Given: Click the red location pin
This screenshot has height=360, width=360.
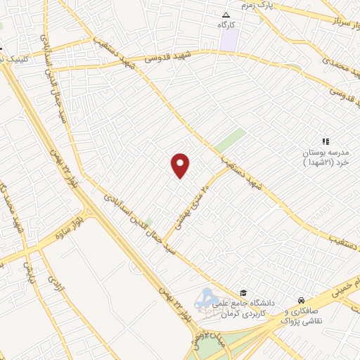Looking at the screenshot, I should pyautogui.click(x=181, y=166).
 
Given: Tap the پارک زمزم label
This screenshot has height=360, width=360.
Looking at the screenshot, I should pyautogui.click(x=256, y=6).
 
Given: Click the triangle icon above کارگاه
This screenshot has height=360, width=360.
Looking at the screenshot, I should pyautogui.click(x=226, y=15).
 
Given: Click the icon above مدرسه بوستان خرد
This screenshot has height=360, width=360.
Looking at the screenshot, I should pyautogui.click(x=326, y=141).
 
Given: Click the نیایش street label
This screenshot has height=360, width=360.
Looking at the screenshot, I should pyautogui.click(x=29, y=270).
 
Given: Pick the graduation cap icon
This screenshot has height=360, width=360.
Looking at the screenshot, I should pyautogui.click(x=243, y=293).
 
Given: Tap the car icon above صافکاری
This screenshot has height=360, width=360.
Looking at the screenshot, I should pyautogui.click(x=301, y=299).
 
